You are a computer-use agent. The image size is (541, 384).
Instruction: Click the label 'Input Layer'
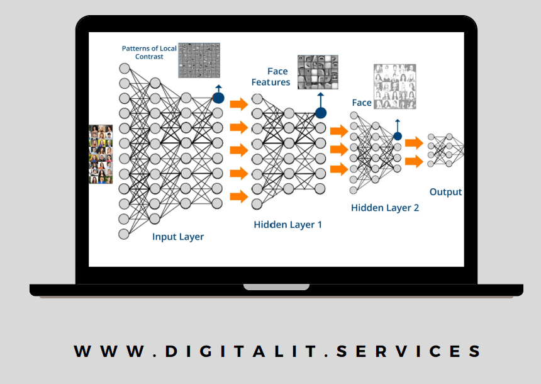(x=178, y=237)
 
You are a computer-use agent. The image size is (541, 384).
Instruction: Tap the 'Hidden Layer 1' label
(x=287, y=224)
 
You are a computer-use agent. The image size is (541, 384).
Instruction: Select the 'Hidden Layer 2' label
(x=385, y=208)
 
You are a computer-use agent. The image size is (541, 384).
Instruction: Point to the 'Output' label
(x=445, y=192)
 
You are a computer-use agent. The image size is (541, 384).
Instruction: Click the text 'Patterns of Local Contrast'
(x=149, y=52)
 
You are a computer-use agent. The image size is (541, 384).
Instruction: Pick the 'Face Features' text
(x=270, y=77)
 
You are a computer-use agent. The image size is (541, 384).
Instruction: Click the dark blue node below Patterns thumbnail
(x=218, y=98)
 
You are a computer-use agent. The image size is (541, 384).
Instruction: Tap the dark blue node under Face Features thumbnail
(x=321, y=113)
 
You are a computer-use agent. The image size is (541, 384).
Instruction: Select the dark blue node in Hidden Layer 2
(x=398, y=136)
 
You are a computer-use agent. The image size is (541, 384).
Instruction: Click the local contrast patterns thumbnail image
(x=200, y=60)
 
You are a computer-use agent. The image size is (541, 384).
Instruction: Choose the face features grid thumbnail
(x=318, y=71)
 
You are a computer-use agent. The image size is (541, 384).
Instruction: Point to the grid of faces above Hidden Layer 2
(x=395, y=86)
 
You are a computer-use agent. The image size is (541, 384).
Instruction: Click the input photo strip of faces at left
(x=101, y=154)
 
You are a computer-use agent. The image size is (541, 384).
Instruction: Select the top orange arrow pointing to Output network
(x=413, y=143)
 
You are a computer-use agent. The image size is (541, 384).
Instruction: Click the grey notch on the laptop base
(x=276, y=287)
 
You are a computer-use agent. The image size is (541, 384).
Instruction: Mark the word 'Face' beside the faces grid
(x=362, y=103)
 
